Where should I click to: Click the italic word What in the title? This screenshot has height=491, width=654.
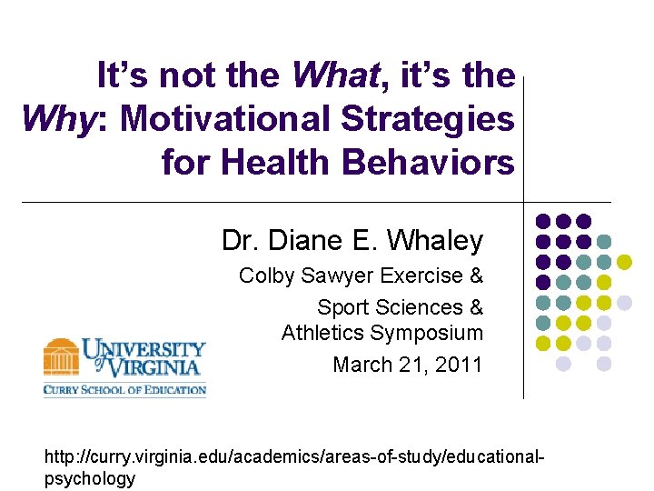pos(334,75)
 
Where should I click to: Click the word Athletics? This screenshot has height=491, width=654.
pos(322,334)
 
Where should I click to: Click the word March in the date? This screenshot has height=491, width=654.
pos(361,365)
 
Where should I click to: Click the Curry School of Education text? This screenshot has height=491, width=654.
pos(124,390)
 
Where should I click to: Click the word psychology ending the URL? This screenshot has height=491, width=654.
pos(90,478)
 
